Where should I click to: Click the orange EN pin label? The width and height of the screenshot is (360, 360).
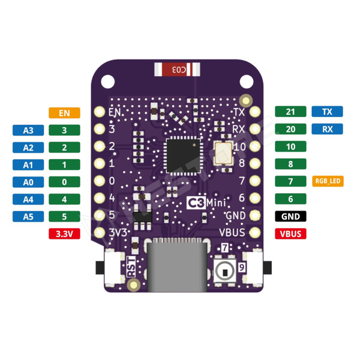[x=65, y=112]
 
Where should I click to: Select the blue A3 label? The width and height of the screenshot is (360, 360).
[x=28, y=130]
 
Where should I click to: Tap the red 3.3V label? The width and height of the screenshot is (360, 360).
[x=64, y=235]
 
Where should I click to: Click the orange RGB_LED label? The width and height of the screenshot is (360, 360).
[x=328, y=181]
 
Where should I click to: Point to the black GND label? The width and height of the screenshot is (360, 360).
[x=290, y=217]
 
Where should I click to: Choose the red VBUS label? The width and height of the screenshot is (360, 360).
[x=290, y=234]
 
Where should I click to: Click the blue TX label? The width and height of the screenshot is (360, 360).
[x=327, y=112]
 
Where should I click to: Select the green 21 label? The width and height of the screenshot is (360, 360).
[x=290, y=112]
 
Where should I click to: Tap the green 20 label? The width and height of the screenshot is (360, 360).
[x=290, y=129]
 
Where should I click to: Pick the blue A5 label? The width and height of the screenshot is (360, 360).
[x=28, y=217]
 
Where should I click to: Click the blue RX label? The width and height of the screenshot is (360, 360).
[x=327, y=129]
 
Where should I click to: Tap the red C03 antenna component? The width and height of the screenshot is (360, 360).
[x=178, y=70]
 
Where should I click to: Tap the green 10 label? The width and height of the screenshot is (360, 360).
[x=290, y=146]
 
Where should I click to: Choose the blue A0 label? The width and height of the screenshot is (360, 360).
[x=28, y=182]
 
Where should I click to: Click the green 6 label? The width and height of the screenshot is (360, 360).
[x=290, y=199]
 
